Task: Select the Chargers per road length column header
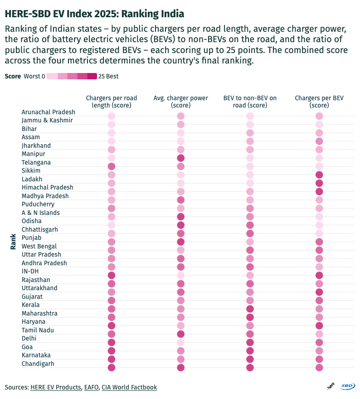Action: click(111, 102)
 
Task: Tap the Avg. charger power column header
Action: click(180, 102)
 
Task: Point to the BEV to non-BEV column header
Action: click(250, 102)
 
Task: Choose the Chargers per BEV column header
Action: click(319, 102)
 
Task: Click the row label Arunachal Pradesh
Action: click(49, 112)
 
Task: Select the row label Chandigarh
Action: click(38, 364)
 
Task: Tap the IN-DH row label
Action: click(30, 272)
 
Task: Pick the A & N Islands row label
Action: click(41, 213)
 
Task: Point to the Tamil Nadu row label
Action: click(38, 330)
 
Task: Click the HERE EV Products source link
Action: click(56, 387)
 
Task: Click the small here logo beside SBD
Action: click(331, 386)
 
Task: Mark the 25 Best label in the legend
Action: click(108, 76)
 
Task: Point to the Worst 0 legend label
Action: click(34, 76)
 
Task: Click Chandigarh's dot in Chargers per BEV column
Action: click(319, 368)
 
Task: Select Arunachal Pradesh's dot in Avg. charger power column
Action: click(180, 116)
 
